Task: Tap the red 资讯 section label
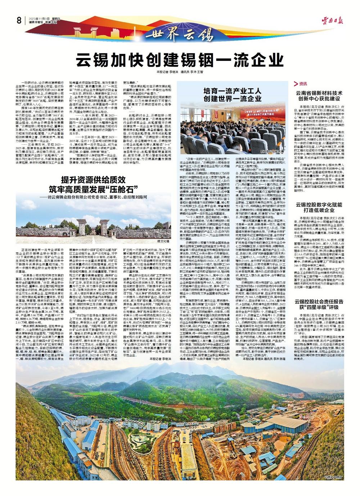tap(301, 84)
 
